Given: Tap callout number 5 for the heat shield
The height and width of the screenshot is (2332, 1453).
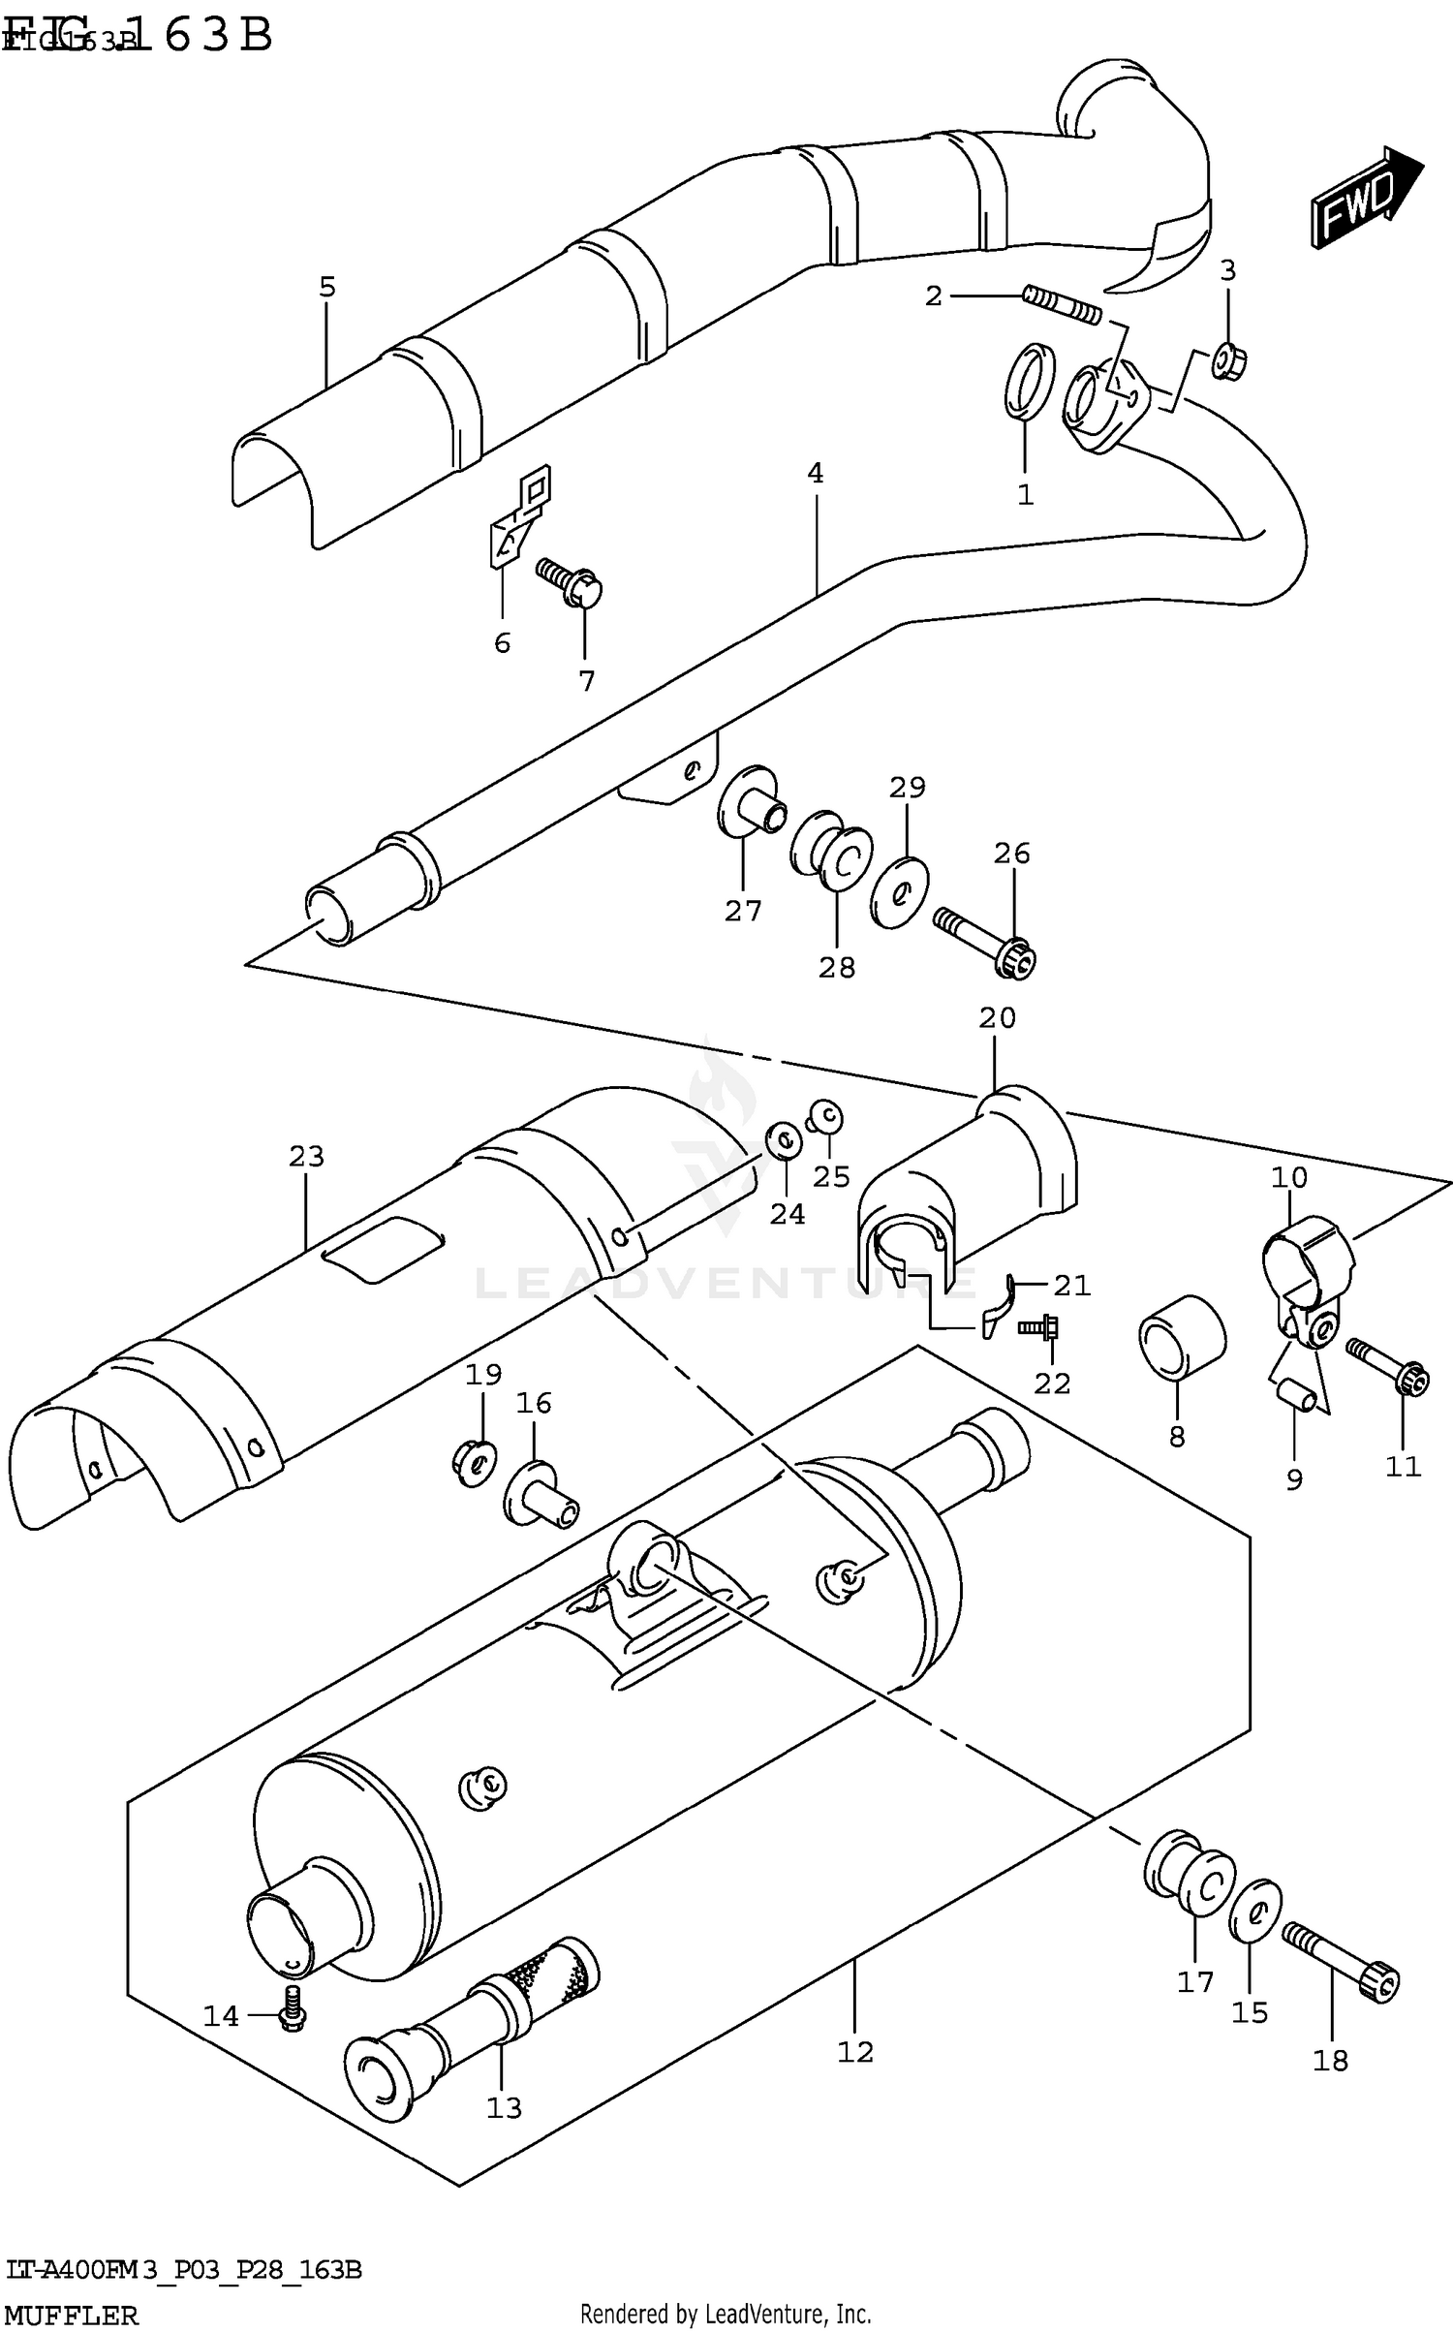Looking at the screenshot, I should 327,287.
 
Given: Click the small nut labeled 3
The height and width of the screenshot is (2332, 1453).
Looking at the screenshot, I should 1228,363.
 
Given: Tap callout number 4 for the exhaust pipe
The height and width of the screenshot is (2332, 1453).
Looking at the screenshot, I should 816,474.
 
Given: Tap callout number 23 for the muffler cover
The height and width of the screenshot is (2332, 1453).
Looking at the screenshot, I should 306,1156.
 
